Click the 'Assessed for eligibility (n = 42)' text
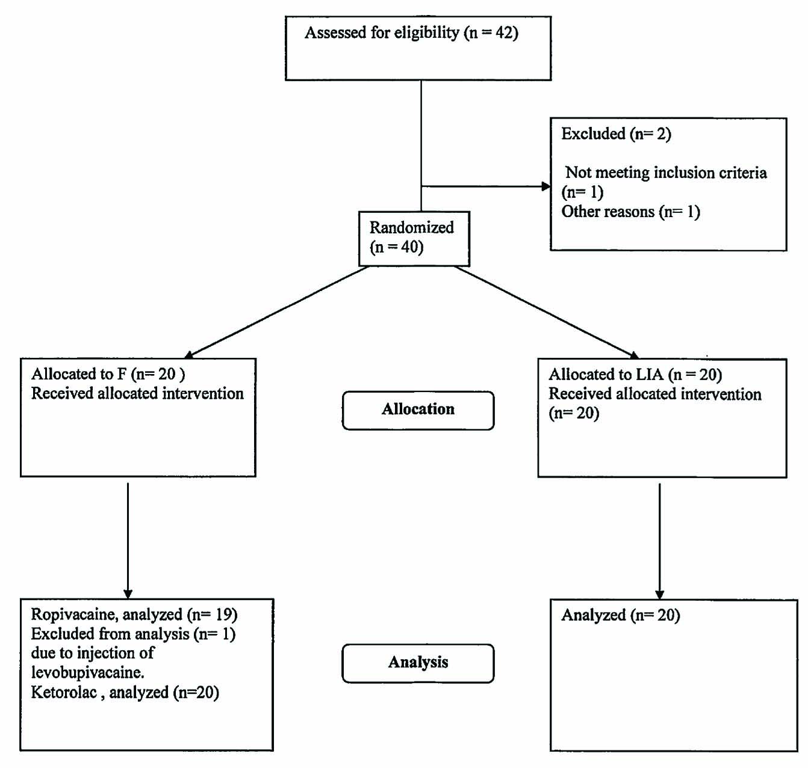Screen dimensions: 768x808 pyautogui.click(x=411, y=32)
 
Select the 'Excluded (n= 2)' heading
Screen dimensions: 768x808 pyautogui.click(x=616, y=134)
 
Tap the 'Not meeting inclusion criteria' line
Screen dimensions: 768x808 pyautogui.click(x=665, y=173)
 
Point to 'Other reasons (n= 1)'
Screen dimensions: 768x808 pyautogui.click(x=630, y=212)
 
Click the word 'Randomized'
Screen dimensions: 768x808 pyautogui.click(x=411, y=228)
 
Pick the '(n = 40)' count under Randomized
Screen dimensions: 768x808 pyautogui.click(x=396, y=247)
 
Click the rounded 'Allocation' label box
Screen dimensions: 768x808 pyautogui.click(x=418, y=410)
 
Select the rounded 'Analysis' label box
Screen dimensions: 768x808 pyautogui.click(x=418, y=663)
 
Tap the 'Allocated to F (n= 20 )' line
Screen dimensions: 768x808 pyautogui.click(x=108, y=374)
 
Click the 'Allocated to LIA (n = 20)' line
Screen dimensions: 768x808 pyautogui.click(x=635, y=375)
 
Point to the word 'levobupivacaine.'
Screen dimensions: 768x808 pyautogui.click(x=87, y=672)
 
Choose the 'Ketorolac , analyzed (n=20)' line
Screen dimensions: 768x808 pyautogui.click(x=125, y=693)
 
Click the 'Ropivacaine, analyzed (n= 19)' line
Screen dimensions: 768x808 pyautogui.click(x=134, y=615)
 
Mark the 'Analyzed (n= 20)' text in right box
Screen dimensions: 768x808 pyautogui.click(x=620, y=615)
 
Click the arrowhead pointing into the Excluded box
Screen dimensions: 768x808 pyautogui.click(x=545, y=186)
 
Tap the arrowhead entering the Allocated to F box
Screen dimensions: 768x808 pyautogui.click(x=189, y=354)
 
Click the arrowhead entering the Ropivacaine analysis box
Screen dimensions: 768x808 pyautogui.click(x=128, y=594)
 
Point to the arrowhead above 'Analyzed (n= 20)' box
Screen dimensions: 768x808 pyautogui.click(x=659, y=594)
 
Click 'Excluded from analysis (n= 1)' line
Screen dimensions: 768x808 pyautogui.click(x=133, y=634)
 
